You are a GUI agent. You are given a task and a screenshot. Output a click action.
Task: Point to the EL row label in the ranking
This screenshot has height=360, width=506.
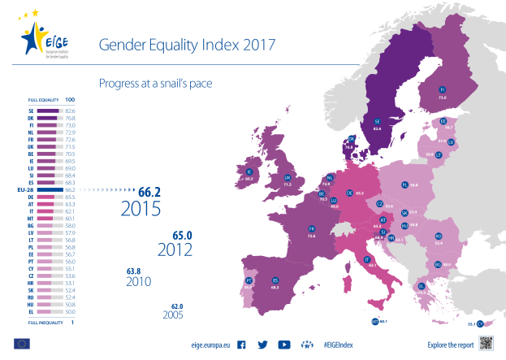(x=31, y=312)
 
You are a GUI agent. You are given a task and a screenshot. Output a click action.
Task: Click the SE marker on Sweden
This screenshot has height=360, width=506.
(x=377, y=121)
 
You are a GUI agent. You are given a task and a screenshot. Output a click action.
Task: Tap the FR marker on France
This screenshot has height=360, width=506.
(x=311, y=229)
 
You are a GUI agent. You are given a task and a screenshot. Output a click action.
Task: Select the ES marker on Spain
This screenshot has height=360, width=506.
(x=275, y=280)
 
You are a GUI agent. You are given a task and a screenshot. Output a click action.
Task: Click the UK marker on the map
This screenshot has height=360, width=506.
(x=287, y=177)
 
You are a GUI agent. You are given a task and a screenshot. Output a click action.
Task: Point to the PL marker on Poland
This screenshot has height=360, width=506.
(x=404, y=184)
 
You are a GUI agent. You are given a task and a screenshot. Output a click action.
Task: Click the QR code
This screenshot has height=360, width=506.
(x=486, y=345)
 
